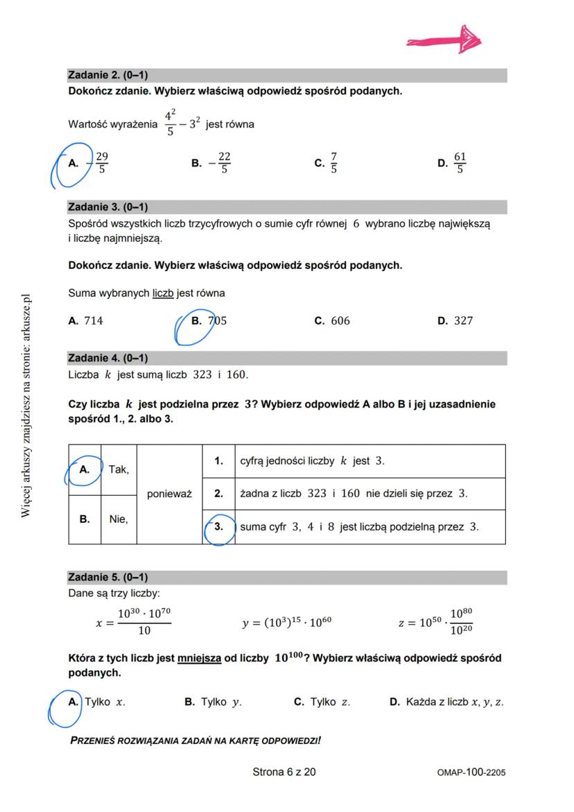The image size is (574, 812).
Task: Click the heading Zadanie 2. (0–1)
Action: pyautogui.click(x=108, y=75)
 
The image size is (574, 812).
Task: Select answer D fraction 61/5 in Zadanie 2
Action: pyautogui.click(x=460, y=164)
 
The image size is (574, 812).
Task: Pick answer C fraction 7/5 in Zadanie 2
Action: pyautogui.click(x=333, y=164)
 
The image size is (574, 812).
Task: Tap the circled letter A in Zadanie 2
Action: pyautogui.click(x=73, y=164)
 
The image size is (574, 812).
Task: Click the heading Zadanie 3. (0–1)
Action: pyautogui.click(x=108, y=207)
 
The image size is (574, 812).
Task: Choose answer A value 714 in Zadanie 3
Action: pyautogui.click(x=93, y=321)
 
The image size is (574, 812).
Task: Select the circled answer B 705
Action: pyautogui.click(x=209, y=321)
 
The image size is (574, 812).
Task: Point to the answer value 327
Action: pyautogui.click(x=463, y=321)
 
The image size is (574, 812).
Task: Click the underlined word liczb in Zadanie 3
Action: pyautogui.click(x=164, y=293)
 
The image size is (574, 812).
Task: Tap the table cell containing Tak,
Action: pyautogui.click(x=119, y=469)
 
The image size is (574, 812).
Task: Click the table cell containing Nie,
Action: pyautogui.click(x=119, y=519)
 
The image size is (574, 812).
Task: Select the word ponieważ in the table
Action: pyautogui.click(x=169, y=494)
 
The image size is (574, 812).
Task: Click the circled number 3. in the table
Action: pyautogui.click(x=218, y=527)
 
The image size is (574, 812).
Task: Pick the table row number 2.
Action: pyautogui.click(x=218, y=494)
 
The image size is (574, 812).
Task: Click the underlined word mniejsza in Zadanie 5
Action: pyautogui.click(x=199, y=659)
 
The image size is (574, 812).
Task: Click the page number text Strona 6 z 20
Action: pyautogui.click(x=284, y=772)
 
